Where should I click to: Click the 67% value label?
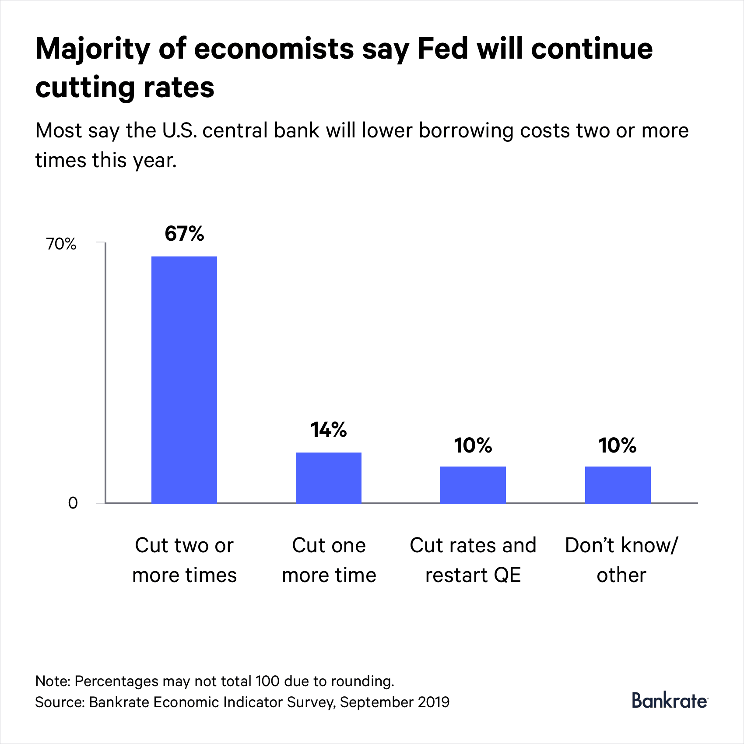[x=184, y=234]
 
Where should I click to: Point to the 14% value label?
[x=329, y=430]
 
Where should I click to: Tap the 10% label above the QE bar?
[x=473, y=446]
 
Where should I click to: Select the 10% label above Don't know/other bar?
[x=618, y=446]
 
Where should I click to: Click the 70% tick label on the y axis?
[x=61, y=244]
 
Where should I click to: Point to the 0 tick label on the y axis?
[x=73, y=503]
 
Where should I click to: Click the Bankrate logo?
[x=669, y=701]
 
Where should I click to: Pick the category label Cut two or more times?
[x=184, y=560]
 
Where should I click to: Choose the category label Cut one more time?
[x=329, y=560]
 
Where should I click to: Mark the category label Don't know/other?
[x=621, y=560]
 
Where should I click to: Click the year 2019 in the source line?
[x=433, y=702]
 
